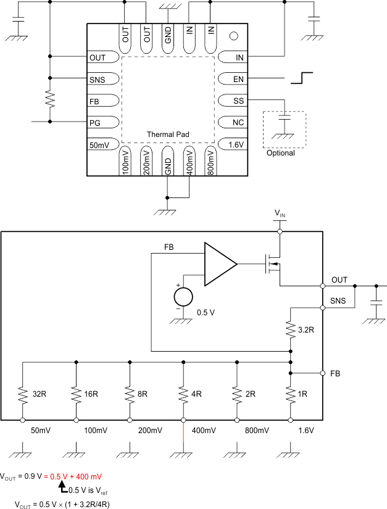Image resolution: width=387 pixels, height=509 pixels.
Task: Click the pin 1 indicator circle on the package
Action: click(x=233, y=36)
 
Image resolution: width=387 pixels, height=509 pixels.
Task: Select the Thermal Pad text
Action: click(x=168, y=134)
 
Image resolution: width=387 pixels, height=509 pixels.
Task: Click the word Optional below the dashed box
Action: click(x=280, y=153)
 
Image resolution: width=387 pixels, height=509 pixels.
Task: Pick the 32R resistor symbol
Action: click(x=23, y=392)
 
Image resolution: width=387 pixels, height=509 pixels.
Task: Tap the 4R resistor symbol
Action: click(x=183, y=392)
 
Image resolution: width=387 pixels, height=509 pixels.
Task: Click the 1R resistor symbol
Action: click(x=291, y=392)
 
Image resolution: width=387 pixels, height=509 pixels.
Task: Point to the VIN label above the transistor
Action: click(x=280, y=214)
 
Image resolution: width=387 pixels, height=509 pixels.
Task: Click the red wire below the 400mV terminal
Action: click(x=183, y=437)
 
